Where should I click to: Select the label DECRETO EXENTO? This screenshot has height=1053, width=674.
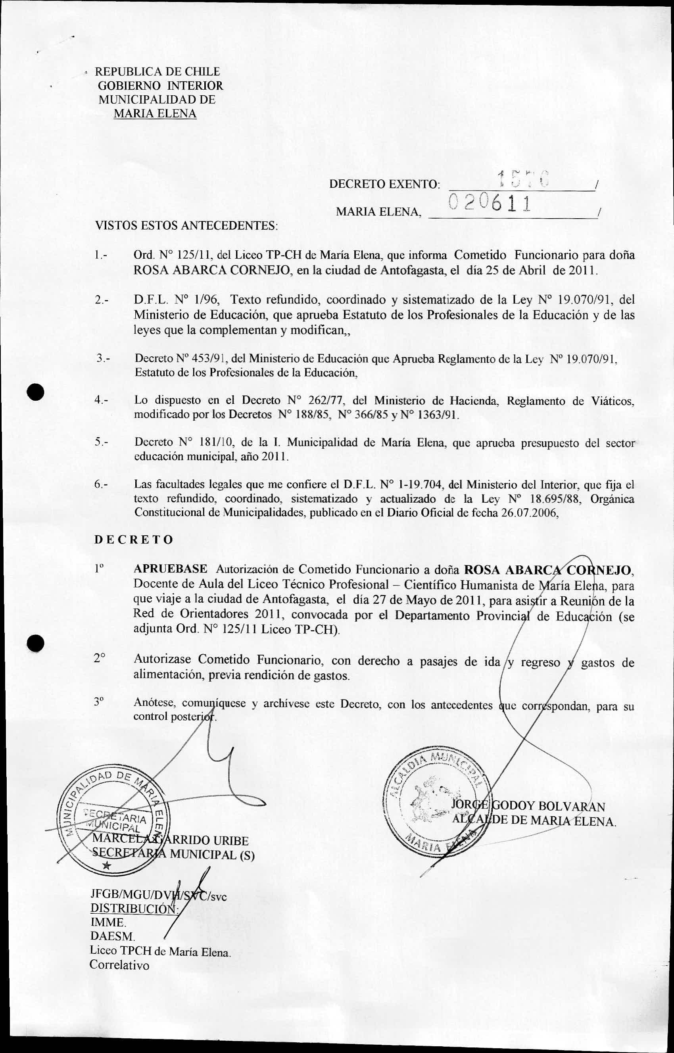[x=384, y=184]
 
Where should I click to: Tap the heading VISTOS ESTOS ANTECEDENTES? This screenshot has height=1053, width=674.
[x=186, y=226]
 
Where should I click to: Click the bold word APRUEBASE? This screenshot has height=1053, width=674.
[x=171, y=569]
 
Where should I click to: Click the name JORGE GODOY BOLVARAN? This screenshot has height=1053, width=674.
[x=528, y=806]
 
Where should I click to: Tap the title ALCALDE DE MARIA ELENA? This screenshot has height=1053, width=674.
[x=534, y=821]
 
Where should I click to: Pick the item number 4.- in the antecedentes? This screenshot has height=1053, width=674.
[x=102, y=400]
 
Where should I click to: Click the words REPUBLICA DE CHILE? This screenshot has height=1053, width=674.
[x=157, y=71]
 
